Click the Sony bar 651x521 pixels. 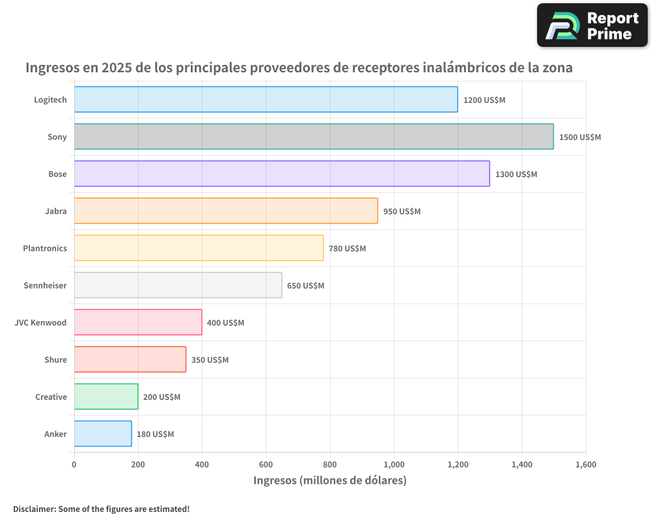pyautogui.click(x=314, y=137)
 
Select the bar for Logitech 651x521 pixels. pyautogui.click(x=266, y=100)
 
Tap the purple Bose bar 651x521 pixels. pyautogui.click(x=282, y=174)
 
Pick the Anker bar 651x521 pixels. pyautogui.click(x=103, y=434)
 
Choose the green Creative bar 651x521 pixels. pyautogui.click(x=106, y=397)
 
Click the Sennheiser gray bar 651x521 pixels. pyautogui.click(x=178, y=285)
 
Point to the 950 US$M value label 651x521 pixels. pyautogui.click(x=402, y=212)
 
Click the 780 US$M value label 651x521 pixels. pyautogui.click(x=347, y=249)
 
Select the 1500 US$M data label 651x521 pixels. pyautogui.click(x=580, y=137)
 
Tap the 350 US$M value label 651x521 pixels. pyautogui.click(x=210, y=360)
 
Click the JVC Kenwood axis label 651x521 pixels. pyautogui.click(x=40, y=322)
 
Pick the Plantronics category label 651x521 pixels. pyautogui.click(x=45, y=248)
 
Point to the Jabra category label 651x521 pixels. pyautogui.click(x=56, y=211)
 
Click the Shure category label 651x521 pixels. pyautogui.click(x=55, y=359)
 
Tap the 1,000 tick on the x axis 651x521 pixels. pyautogui.click(x=394, y=464)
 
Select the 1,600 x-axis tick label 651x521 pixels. pyautogui.click(x=585, y=464)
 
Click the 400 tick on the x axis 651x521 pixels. pyautogui.click(x=202, y=464)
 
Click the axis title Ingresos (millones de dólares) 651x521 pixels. pyautogui.click(x=329, y=481)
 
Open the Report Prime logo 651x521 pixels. pyautogui.click(x=592, y=25)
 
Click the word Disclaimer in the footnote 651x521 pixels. pyautogui.click(x=34, y=509)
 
